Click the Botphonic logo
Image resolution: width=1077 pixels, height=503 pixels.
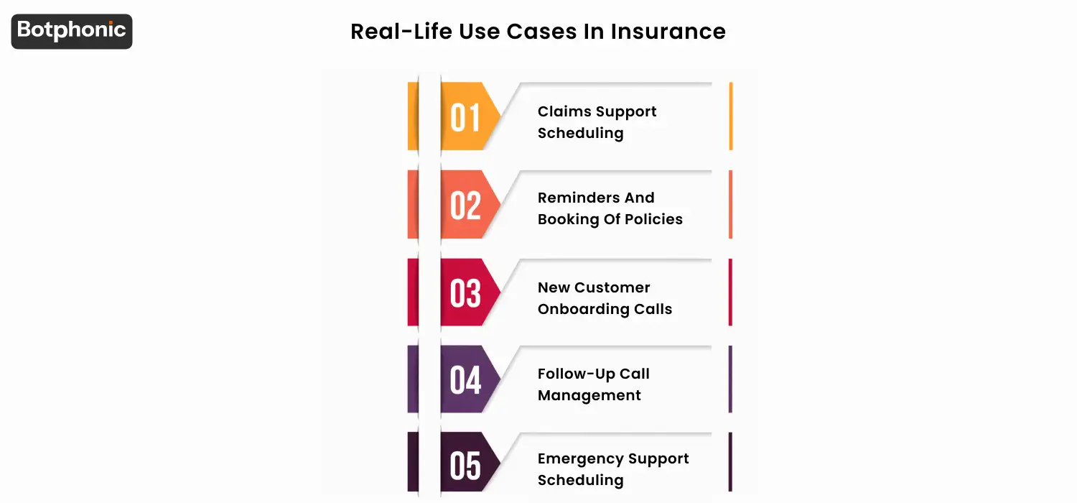coord(72,31)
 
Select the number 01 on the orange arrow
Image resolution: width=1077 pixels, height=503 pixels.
coord(465,118)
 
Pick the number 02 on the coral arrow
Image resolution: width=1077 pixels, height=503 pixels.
coord(465,206)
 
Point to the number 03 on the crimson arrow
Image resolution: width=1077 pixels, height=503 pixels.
coord(465,293)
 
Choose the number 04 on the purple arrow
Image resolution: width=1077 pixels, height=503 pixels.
coord(465,380)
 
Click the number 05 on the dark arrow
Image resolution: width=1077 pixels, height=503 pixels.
coord(465,466)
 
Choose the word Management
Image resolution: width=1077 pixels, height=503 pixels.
coord(589,395)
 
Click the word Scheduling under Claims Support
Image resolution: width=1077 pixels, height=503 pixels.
coord(580,133)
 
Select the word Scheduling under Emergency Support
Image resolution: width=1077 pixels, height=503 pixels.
coord(580,480)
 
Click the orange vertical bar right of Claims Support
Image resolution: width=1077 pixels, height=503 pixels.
coord(731,116)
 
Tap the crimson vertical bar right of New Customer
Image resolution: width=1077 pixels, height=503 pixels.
coord(731,292)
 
